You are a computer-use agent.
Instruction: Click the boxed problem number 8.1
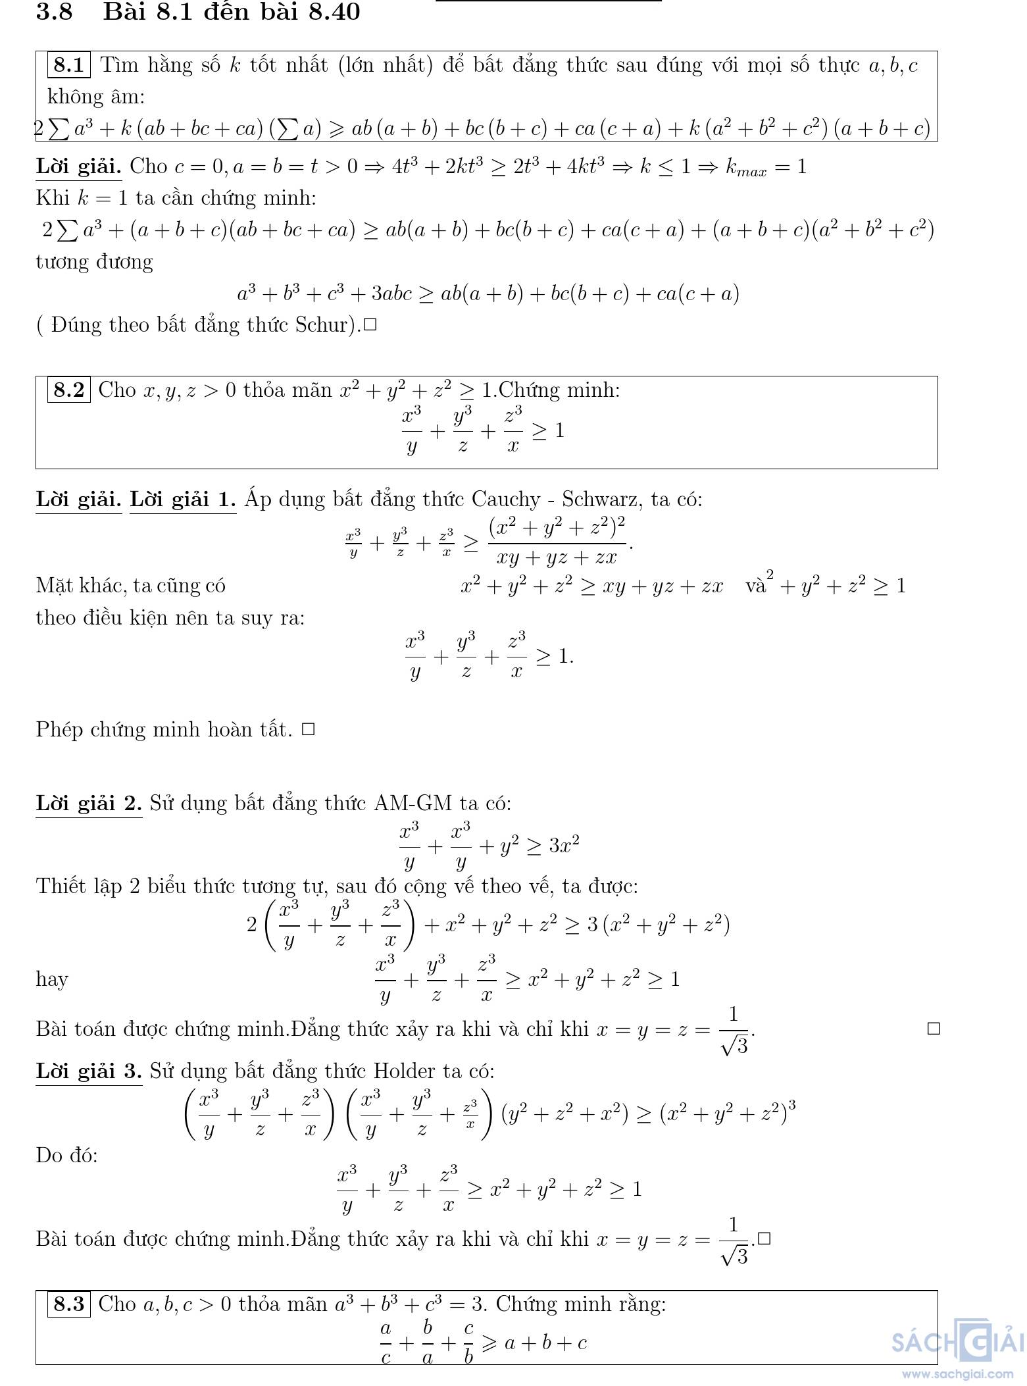68,64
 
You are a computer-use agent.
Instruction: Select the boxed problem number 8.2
68,390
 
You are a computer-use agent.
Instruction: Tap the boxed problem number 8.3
68,1304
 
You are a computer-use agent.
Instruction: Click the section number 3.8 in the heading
54,12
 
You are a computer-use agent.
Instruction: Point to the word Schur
325,324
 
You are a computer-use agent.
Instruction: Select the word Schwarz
599,500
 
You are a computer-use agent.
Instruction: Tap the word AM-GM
413,803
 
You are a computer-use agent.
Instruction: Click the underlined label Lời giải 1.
182,500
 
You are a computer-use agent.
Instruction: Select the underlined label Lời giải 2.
89,803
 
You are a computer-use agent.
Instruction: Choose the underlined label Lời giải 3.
89,1071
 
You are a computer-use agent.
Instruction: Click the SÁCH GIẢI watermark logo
957,1341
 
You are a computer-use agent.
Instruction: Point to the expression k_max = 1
766,167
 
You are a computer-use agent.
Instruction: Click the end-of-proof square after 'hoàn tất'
308,729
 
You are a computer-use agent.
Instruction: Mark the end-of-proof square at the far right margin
933,1029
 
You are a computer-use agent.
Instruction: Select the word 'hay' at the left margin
52,979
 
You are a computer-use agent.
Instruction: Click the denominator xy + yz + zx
557,557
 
